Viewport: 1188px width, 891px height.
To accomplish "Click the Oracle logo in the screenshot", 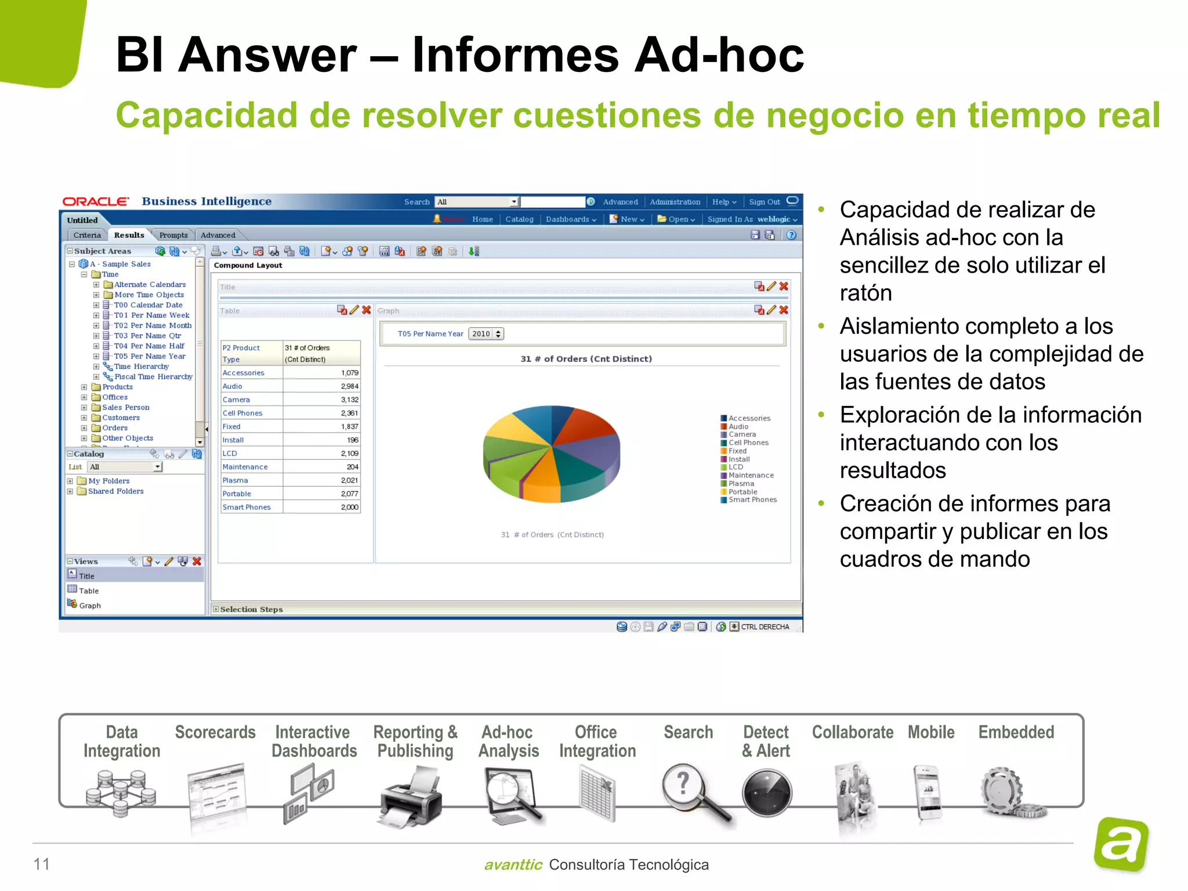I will (96, 201).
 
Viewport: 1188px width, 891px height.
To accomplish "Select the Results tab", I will (129, 235).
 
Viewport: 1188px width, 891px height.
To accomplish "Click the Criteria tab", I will (87, 235).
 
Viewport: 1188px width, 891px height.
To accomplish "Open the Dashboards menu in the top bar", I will (570, 219).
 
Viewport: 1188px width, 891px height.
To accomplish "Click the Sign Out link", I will (764, 202).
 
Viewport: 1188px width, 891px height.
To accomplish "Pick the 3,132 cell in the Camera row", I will (349, 400).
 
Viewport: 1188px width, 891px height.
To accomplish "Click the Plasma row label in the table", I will (235, 480).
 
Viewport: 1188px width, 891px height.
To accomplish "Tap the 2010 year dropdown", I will (486, 334).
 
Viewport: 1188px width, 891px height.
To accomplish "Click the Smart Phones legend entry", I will (752, 499).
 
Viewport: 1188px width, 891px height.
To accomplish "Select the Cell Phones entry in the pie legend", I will (748, 443).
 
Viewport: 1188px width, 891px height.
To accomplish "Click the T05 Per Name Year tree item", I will (150, 356).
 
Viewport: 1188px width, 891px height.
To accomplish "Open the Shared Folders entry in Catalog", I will (115, 491).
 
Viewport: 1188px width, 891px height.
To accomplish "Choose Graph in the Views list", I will (90, 606).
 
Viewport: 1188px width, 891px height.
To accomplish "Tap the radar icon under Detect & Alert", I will (766, 793).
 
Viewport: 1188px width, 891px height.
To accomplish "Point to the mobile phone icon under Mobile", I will (929, 793).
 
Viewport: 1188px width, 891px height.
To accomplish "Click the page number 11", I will (42, 864).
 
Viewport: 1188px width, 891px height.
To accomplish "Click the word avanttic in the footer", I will (513, 865).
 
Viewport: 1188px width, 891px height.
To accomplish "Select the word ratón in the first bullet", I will (865, 293).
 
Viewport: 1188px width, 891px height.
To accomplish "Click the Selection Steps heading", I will (251, 610).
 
